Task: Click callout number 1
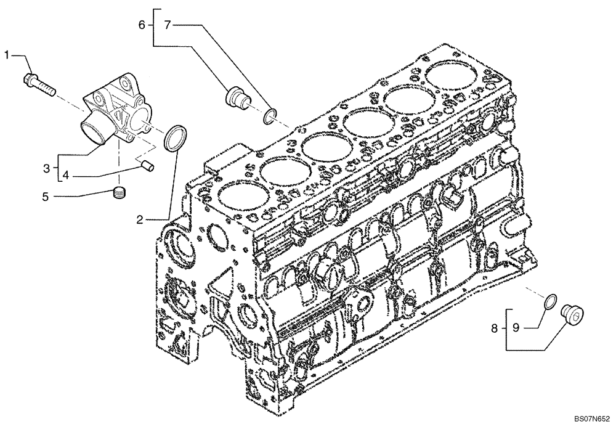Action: pyautogui.click(x=7, y=55)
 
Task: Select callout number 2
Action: pyautogui.click(x=140, y=218)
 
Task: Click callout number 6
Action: pyautogui.click(x=142, y=25)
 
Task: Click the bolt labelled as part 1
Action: pyautogui.click(x=38, y=83)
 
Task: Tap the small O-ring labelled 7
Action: pyautogui.click(x=269, y=115)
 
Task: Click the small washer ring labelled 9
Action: pyautogui.click(x=552, y=301)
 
